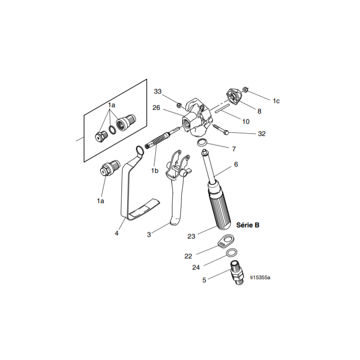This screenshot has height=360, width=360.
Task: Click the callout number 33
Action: point(157,91)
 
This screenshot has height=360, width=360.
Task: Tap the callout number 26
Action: point(156,108)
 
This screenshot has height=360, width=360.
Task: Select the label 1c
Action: point(276,101)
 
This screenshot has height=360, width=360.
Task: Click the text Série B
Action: point(247,225)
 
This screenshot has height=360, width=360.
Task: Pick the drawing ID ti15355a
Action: point(260,277)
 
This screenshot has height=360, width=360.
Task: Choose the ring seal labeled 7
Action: point(203,143)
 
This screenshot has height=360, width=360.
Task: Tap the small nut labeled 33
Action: point(179,106)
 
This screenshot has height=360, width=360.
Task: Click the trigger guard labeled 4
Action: point(128,189)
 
